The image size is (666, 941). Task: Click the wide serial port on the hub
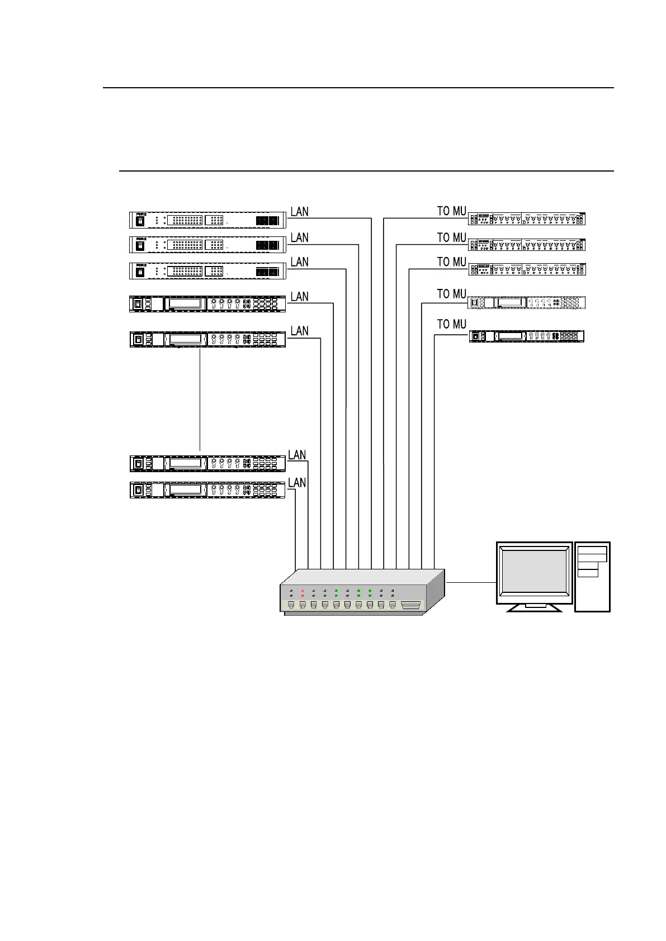[410, 605]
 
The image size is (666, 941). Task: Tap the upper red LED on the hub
[303, 590]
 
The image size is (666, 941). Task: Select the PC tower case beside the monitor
[592, 577]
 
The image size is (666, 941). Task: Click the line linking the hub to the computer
[471, 582]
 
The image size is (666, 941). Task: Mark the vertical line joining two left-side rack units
[200, 400]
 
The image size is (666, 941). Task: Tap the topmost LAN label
[299, 212]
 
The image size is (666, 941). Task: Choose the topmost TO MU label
[451, 211]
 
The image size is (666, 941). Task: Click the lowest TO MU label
[451, 324]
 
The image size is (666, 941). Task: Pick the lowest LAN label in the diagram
[297, 482]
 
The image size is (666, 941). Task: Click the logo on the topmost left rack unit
[141, 214]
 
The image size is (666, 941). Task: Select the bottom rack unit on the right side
[527, 336]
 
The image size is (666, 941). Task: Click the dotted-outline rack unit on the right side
[527, 302]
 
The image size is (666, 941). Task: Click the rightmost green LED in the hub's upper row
[370, 590]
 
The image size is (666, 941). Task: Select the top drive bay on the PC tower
[592, 550]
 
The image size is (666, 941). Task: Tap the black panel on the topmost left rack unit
[267, 221]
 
